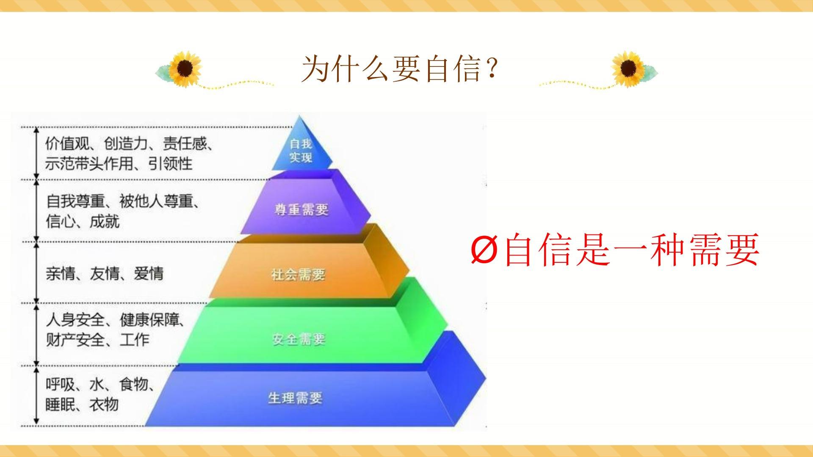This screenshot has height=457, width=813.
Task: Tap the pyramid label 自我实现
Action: (x=301, y=150)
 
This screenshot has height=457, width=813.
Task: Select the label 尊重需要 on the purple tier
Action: (x=301, y=209)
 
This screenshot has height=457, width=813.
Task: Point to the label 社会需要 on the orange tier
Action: (x=298, y=275)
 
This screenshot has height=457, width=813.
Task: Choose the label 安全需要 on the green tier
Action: (x=299, y=339)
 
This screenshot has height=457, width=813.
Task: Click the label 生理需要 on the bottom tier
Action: (x=295, y=398)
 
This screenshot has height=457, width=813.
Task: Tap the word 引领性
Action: (x=170, y=163)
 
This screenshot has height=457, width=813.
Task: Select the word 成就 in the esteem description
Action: (x=105, y=221)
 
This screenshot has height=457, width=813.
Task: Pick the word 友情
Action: (x=105, y=273)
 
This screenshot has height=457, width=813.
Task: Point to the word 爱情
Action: (x=149, y=273)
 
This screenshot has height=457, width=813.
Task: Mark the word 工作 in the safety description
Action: (x=135, y=339)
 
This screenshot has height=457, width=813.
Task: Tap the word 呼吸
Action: (x=60, y=385)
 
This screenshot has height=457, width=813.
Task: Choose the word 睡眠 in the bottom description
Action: (x=60, y=405)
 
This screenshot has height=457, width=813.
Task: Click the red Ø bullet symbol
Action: (x=483, y=250)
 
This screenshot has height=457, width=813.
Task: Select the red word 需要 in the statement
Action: (x=724, y=250)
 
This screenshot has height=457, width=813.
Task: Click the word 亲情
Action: (x=61, y=273)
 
